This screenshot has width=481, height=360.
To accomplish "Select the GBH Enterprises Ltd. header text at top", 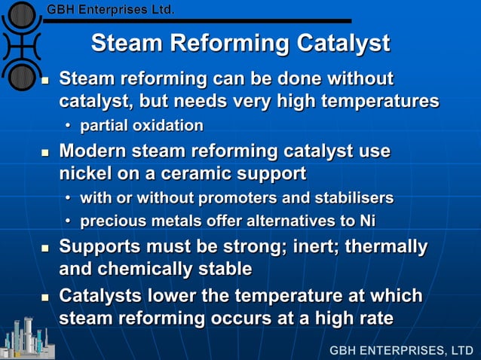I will click(x=111, y=11).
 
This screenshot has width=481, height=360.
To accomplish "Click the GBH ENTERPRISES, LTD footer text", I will click(x=401, y=350).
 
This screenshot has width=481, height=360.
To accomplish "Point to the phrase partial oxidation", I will click(x=142, y=125).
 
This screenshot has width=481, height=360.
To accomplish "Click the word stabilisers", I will click(x=351, y=199).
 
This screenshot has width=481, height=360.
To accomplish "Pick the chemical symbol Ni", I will click(x=365, y=221).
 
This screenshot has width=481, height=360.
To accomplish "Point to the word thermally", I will click(x=389, y=247).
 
